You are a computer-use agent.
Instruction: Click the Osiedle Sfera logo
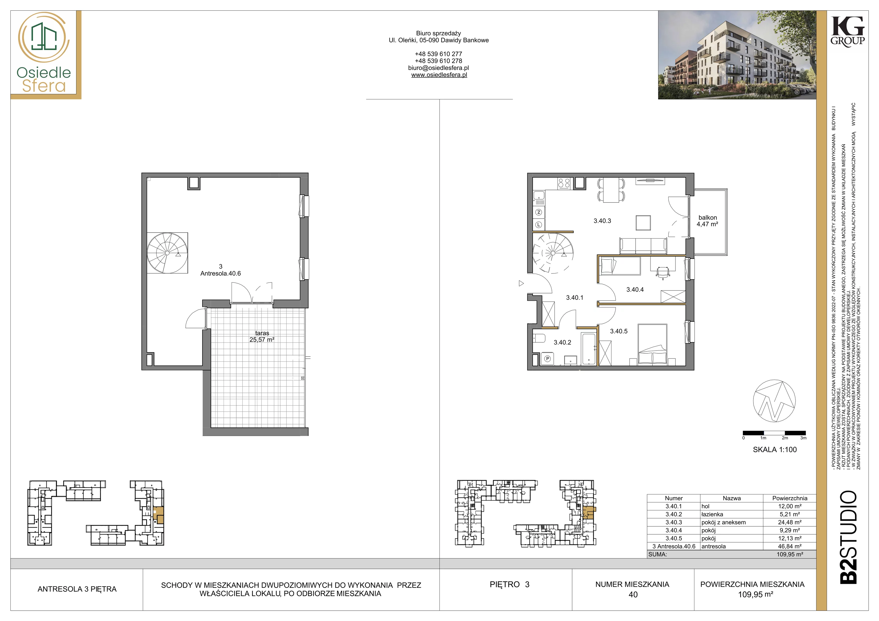[44, 54]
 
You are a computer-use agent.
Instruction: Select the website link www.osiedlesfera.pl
[439, 75]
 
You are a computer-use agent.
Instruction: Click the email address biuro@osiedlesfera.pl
[438, 68]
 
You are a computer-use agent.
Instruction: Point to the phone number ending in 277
[438, 54]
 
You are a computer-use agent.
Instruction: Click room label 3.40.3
[602, 221]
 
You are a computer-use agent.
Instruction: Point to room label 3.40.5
[619, 331]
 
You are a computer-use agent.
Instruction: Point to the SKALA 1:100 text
[775, 450]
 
